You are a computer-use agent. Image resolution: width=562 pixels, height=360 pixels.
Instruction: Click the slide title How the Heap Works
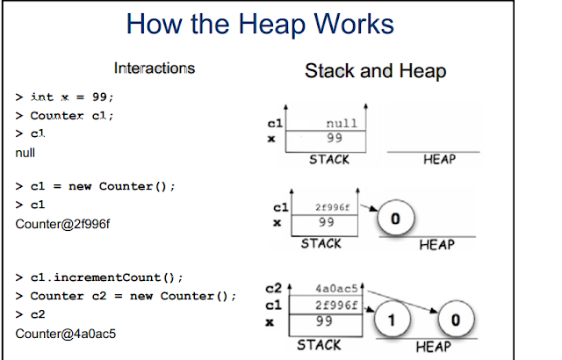click(260, 25)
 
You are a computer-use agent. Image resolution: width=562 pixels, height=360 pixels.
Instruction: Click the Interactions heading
click(155, 68)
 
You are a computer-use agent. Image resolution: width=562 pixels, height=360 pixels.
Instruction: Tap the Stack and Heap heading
click(376, 71)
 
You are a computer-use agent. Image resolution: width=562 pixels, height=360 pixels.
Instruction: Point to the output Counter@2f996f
click(62, 224)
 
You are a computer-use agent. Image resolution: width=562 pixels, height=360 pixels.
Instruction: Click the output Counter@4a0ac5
click(66, 334)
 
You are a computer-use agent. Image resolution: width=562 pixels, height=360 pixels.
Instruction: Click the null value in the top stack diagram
click(342, 124)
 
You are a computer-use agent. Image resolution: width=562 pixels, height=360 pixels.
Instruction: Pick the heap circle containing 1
click(393, 319)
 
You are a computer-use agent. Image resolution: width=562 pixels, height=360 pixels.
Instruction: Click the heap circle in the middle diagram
click(396, 218)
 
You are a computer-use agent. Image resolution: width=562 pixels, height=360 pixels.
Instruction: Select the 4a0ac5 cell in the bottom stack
click(336, 289)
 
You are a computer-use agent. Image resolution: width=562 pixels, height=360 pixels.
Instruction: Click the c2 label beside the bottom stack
click(274, 288)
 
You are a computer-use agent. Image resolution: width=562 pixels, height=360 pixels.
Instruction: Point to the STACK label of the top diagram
click(329, 160)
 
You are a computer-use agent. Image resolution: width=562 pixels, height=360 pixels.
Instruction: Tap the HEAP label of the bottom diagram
click(433, 346)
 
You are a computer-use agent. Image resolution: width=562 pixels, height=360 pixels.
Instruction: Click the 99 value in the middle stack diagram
click(326, 222)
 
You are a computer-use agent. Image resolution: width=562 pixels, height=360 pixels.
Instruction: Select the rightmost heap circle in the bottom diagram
click(456, 319)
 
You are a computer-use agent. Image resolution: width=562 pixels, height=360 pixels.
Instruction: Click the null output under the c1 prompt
click(25, 153)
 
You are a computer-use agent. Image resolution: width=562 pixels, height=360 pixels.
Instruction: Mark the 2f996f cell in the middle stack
click(332, 207)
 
